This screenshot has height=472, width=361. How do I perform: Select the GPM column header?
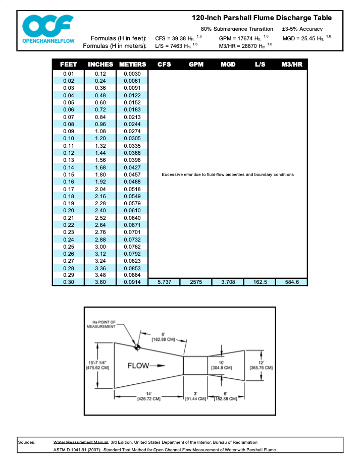click(195, 65)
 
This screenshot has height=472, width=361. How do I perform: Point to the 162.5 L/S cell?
click(260, 282)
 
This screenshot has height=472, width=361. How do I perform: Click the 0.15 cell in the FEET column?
click(69, 174)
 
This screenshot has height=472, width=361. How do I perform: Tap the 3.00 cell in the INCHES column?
click(100, 247)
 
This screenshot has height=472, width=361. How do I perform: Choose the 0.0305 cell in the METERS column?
click(132, 139)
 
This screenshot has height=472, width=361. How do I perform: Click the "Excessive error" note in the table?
click(228, 174)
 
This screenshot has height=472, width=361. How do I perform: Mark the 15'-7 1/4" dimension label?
click(94, 365)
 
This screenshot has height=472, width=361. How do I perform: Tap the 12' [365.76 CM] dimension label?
click(261, 365)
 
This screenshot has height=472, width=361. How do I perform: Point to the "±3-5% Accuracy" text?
click(302, 29)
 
